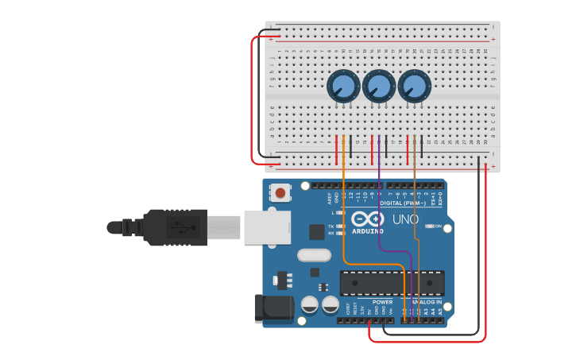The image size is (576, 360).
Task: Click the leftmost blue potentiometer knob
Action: coord(342,86)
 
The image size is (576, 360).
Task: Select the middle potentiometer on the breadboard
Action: coord(378,87)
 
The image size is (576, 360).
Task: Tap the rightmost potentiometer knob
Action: coord(414,86)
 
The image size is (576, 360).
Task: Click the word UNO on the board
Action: coord(405,219)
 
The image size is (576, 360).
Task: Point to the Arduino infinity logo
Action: coord(367,219)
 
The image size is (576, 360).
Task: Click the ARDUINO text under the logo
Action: coord(366,231)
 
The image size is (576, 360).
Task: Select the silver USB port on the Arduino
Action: coord(266,226)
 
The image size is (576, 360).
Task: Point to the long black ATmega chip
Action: coord(392,283)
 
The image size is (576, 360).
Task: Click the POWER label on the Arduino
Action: coord(382,302)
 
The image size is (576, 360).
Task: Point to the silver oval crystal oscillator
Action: coord(314,256)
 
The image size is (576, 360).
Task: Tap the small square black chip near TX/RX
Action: coord(317,231)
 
